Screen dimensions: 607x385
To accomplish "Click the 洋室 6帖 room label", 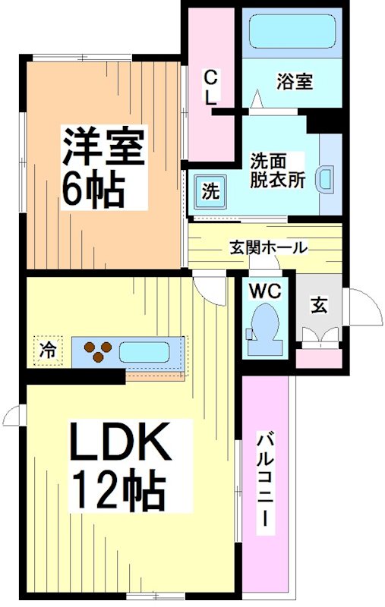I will point(103,168).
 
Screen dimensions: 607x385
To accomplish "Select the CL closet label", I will point(211,86).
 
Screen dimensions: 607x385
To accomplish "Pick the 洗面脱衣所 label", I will point(277,171).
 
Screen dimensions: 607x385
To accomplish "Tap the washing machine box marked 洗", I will point(210,190).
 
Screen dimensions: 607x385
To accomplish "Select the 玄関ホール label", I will point(268,247).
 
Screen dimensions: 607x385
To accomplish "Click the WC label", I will point(263,290).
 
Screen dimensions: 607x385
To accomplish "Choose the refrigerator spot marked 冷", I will point(47,351).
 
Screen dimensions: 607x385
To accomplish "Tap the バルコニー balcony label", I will point(265,482).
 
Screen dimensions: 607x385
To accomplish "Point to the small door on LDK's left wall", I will point(13,415).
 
